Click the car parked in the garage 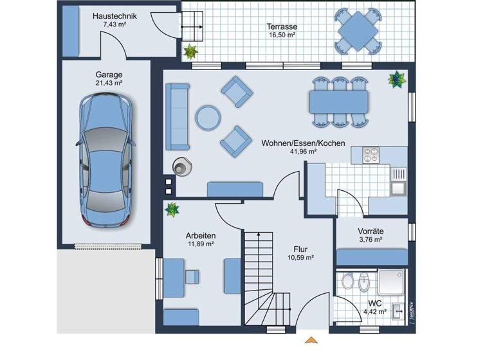click(x=106, y=159)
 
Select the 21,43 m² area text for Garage click(x=108, y=83)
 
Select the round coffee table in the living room click(x=208, y=118)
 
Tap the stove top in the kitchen click(x=372, y=155)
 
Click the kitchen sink click(x=399, y=187)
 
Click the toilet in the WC click(x=348, y=281)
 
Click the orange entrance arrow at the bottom click(x=312, y=340)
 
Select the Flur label click(x=300, y=249)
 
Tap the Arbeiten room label click(x=200, y=235)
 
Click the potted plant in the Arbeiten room click(x=172, y=210)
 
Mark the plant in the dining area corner click(x=397, y=79)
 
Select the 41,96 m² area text click(x=303, y=152)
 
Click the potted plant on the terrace click(x=190, y=51)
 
